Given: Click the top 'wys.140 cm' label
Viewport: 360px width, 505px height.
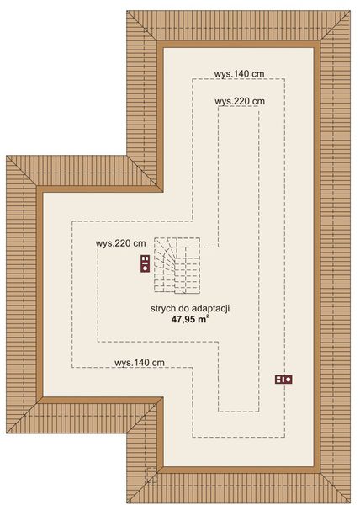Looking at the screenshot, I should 240,74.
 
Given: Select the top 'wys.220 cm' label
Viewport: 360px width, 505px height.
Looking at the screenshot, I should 240,101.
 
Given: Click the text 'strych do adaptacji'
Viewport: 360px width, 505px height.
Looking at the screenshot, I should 191,309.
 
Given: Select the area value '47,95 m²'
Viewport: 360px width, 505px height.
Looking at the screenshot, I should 191,320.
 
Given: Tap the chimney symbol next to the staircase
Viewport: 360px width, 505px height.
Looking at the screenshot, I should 145,263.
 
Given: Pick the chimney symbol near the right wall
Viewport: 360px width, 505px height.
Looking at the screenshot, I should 283,380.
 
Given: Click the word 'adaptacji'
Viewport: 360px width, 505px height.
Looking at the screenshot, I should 211,309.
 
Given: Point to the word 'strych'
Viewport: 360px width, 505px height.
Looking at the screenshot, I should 163,309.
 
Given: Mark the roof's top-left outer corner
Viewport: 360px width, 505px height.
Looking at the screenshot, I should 127,12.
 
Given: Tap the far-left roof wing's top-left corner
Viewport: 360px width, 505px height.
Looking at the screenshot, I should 7,156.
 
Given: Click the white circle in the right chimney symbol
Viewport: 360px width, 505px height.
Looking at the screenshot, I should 288,380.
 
